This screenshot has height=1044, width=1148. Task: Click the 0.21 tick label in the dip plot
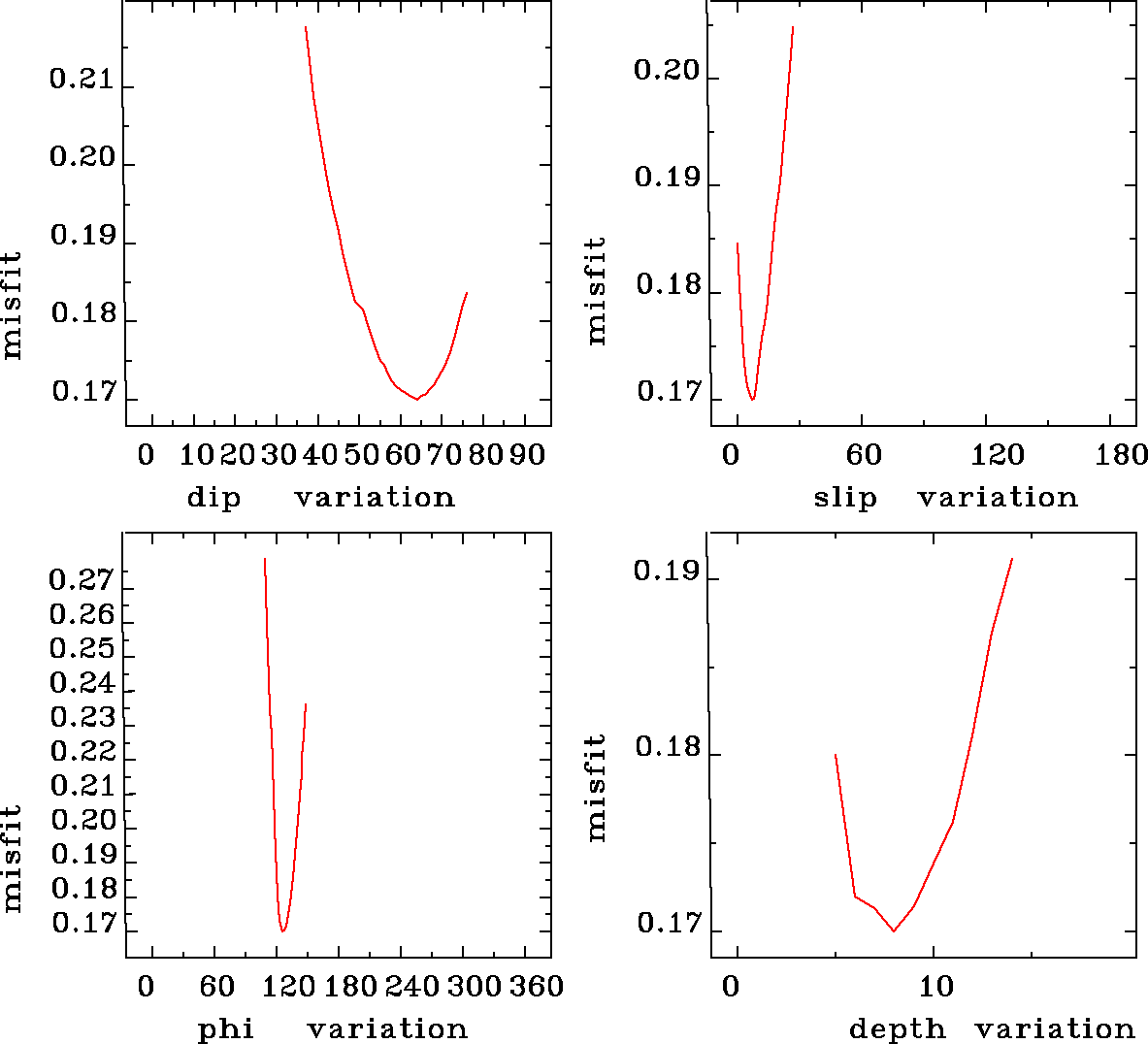tap(82, 80)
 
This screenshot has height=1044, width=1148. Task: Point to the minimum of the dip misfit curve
tap(417, 399)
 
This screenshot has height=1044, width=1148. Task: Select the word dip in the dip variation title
tap(213, 498)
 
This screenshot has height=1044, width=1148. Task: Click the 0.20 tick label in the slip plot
tap(666, 70)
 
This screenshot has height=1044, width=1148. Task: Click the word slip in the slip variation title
tap(844, 498)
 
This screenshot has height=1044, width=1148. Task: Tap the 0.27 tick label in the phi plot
tap(82, 581)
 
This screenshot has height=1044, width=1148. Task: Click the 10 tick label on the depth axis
tap(936, 987)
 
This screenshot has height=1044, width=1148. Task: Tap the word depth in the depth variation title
tap(897, 1028)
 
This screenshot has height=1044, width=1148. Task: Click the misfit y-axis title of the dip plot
tap(13, 306)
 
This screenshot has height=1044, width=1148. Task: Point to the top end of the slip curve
tap(793, 27)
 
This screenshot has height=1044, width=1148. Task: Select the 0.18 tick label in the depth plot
tap(667, 748)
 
